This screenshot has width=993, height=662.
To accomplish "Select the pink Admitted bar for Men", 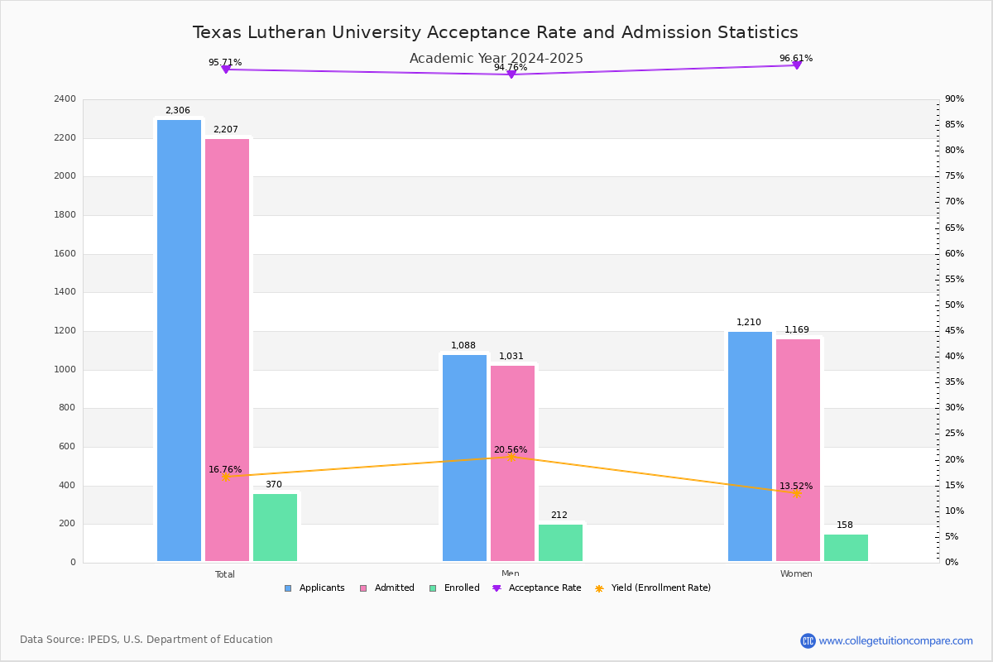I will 512,463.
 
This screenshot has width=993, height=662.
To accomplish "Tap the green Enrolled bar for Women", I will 846,548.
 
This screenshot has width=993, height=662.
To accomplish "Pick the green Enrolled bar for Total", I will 275,528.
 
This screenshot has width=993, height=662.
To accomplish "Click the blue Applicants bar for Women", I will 750,447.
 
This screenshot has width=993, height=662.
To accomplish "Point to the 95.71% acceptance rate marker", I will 225,70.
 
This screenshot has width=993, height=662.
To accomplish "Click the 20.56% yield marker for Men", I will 511,457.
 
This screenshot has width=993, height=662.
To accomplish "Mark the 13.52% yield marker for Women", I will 796,493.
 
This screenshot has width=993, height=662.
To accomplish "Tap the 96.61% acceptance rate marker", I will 796,65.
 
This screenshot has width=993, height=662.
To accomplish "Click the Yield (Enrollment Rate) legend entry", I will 660,588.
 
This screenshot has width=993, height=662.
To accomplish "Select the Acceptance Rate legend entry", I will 544,588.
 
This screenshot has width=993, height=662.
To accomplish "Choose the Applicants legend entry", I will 321,588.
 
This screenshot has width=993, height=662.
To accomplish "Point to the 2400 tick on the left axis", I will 64,99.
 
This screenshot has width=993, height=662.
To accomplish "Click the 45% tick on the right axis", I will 954,331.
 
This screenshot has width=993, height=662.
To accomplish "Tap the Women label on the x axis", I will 796,574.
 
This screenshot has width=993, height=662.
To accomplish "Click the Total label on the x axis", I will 225,574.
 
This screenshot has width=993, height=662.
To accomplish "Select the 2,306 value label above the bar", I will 177,111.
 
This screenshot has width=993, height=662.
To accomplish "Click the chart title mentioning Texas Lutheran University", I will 495,33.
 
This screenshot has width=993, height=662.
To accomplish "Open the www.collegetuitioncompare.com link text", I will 895,640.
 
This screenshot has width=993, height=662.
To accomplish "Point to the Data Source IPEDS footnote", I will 146,640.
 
